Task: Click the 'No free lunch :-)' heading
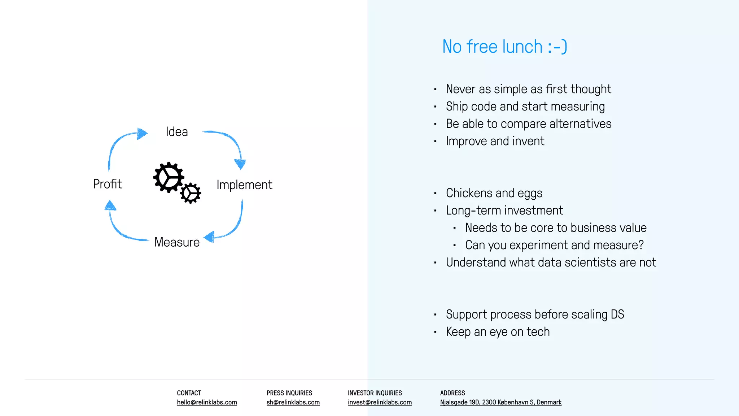coord(504,47)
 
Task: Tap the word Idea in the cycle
coord(177,132)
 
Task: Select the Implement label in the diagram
coord(244,185)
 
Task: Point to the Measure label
coord(177,242)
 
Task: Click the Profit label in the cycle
coord(108,184)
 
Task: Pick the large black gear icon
coord(168,177)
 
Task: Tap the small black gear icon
coord(191,193)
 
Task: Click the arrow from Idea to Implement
coord(231,143)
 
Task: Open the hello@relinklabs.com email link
coord(207,402)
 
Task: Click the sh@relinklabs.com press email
coord(293,402)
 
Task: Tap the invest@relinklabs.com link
coord(380,402)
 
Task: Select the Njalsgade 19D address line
coord(501,402)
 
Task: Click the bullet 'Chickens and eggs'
coord(494,193)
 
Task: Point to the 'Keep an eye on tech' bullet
coord(498,332)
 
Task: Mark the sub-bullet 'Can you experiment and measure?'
coord(554,245)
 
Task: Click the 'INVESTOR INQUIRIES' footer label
coord(375,393)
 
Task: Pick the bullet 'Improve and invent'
coord(495,141)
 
